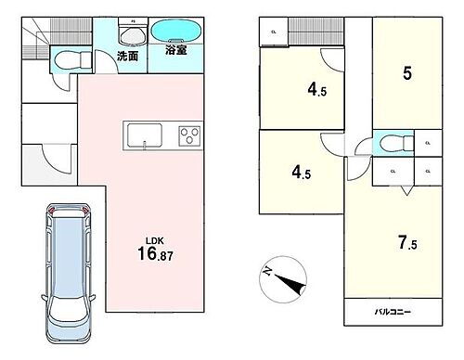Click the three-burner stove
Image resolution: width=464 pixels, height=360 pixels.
[x=188, y=136]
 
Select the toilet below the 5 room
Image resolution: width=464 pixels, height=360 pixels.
[x=389, y=145]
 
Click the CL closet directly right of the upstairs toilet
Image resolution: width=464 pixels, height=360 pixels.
[x=426, y=144]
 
